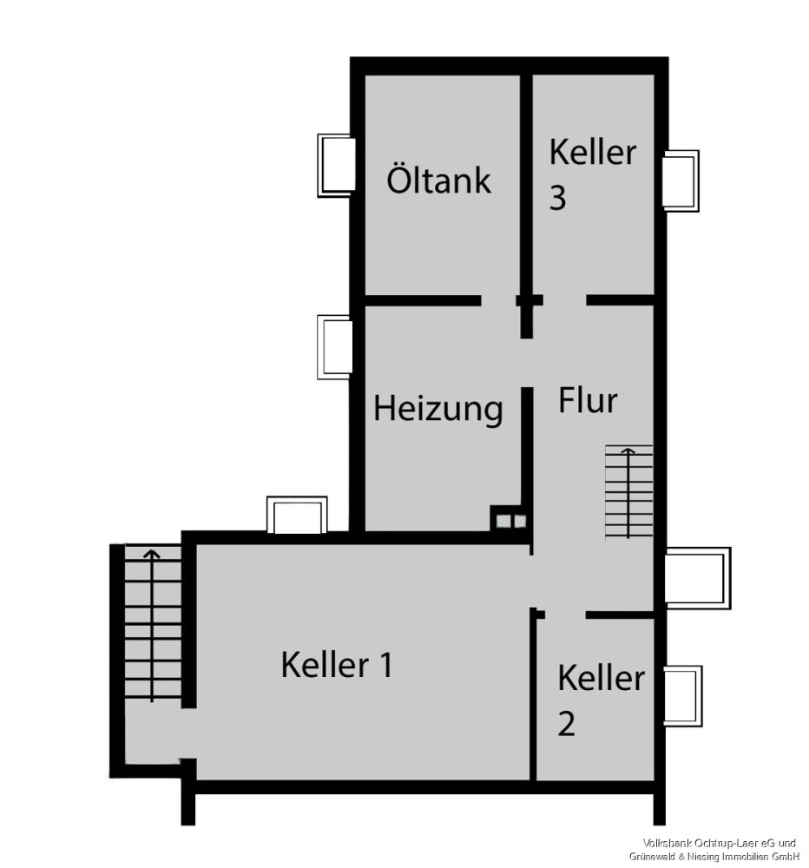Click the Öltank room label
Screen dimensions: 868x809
click(438, 181)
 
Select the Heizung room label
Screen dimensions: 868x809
click(437, 408)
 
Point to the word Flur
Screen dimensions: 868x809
click(588, 401)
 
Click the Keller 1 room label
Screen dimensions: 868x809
click(337, 666)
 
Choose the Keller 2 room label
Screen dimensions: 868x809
click(600, 700)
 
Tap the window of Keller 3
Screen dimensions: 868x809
click(681, 180)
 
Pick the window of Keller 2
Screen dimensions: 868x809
click(681, 695)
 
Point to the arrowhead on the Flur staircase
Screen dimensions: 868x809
click(625, 450)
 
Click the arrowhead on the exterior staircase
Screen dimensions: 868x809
click(153, 553)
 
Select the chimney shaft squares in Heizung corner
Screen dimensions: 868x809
click(509, 520)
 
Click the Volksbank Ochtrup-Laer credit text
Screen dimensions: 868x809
click(720, 849)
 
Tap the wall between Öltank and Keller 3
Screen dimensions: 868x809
click(526, 187)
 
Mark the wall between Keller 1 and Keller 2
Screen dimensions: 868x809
click(533, 694)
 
